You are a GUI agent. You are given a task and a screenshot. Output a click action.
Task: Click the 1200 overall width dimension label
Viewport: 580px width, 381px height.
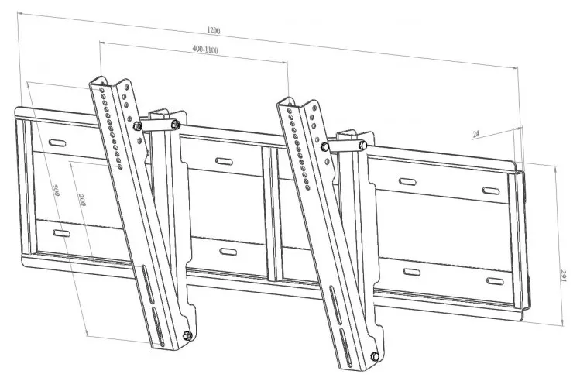(214, 31)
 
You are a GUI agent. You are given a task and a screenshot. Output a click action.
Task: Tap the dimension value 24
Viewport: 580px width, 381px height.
(476, 134)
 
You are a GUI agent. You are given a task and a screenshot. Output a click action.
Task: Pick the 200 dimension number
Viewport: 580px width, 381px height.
(81, 203)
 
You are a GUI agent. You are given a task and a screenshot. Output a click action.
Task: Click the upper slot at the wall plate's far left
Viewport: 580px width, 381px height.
(58, 143)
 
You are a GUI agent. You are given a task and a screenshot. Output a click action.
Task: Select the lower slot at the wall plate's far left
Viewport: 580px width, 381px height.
(58, 232)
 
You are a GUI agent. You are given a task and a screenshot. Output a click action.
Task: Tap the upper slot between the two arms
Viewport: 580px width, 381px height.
(224, 162)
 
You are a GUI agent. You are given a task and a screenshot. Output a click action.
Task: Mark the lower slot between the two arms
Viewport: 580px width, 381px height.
(228, 252)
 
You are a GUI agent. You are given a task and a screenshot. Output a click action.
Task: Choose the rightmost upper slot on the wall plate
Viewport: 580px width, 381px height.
(491, 190)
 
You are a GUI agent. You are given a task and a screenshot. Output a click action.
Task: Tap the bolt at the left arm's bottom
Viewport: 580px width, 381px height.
(187, 335)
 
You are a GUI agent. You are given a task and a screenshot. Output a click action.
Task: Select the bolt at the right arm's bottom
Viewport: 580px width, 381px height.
(374, 357)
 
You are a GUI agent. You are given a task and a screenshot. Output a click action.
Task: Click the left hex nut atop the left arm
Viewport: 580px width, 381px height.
(138, 126)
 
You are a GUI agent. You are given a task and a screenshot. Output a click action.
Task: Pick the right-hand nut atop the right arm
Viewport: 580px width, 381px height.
(361, 145)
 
